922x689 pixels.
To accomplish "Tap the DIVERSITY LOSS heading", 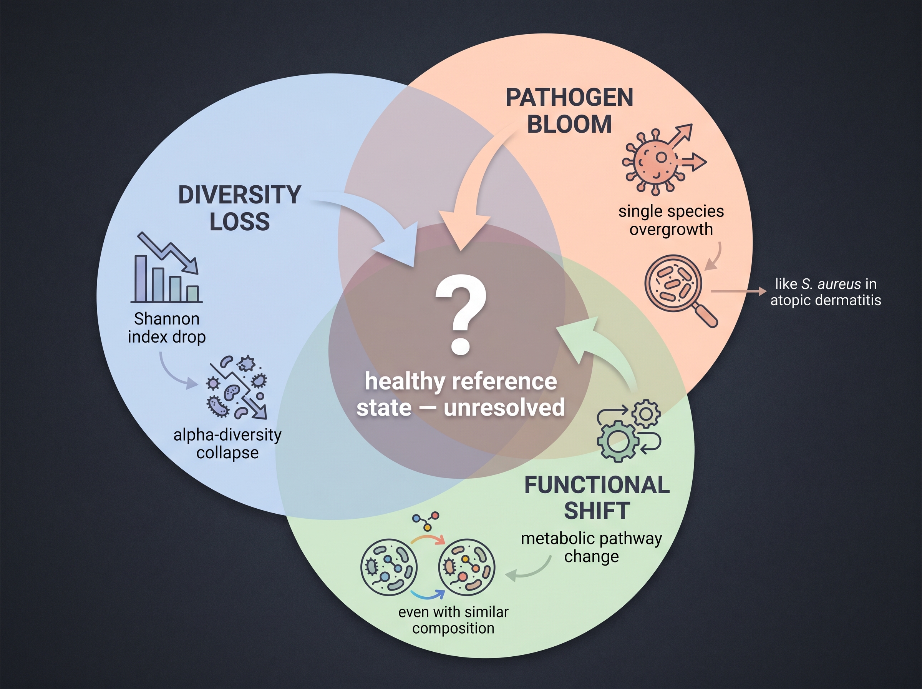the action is (240, 208).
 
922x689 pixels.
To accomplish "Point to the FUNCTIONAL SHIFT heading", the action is (597, 498).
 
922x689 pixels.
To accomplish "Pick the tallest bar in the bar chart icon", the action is (140, 278).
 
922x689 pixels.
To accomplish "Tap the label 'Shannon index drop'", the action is (167, 328).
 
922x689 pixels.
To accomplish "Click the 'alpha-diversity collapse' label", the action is (227, 443).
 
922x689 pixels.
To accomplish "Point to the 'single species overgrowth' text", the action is (671, 220).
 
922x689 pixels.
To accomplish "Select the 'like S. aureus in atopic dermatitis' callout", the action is (826, 292).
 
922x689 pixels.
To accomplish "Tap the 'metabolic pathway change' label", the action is (592, 547).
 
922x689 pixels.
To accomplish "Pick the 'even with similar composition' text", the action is (453, 620).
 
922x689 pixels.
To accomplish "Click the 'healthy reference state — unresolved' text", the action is (461, 394).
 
